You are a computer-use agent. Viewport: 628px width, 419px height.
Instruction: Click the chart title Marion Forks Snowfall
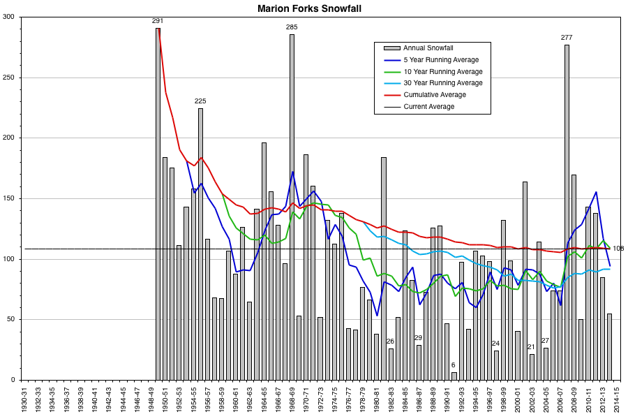313,8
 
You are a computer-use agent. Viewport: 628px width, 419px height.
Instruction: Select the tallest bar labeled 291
158,203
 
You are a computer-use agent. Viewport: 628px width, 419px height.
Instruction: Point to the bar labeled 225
200,244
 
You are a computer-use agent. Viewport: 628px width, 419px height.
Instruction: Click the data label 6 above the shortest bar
453,365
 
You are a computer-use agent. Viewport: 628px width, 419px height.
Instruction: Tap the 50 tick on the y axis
10,319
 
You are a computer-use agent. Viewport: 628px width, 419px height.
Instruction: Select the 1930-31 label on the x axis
24,400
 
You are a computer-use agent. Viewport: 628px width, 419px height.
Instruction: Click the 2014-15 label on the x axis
616,400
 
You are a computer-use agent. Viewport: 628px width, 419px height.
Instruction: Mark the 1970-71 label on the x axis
306,400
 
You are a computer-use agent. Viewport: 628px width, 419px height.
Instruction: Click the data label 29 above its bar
418,338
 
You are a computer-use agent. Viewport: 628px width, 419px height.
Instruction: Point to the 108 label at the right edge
618,249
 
